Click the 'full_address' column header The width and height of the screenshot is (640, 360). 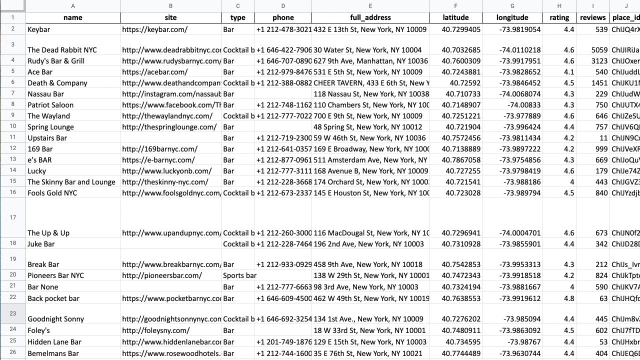click(370, 17)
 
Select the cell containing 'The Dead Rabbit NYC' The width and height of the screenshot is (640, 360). click(62, 50)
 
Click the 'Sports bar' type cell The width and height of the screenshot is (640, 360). click(239, 275)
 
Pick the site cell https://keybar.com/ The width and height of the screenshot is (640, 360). click(154, 29)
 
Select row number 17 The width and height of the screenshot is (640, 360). click(12, 217)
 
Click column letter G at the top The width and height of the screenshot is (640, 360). click(512, 6)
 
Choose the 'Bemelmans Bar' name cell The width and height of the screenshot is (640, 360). click(53, 353)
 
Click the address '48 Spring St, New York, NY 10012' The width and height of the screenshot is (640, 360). click(368, 127)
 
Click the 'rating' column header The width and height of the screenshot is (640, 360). click(559, 17)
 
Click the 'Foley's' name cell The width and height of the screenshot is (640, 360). click(39, 330)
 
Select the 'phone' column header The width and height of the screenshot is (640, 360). click(283, 17)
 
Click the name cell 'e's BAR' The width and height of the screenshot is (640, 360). click(39, 160)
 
